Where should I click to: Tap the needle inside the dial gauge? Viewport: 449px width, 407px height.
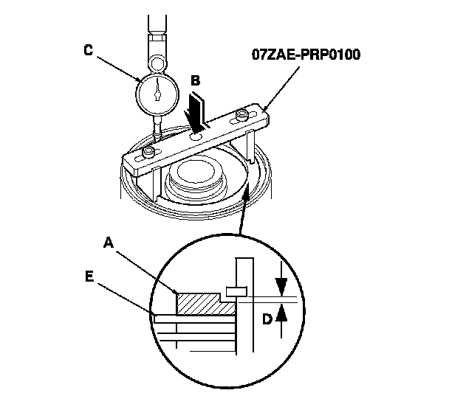pyautogui.click(x=157, y=89)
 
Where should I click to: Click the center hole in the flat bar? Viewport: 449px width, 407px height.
pyautogui.click(x=196, y=135)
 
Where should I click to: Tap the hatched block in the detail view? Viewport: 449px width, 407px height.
pyautogui.click(x=199, y=303)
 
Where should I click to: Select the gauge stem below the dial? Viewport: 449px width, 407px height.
pyautogui.click(x=157, y=127)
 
